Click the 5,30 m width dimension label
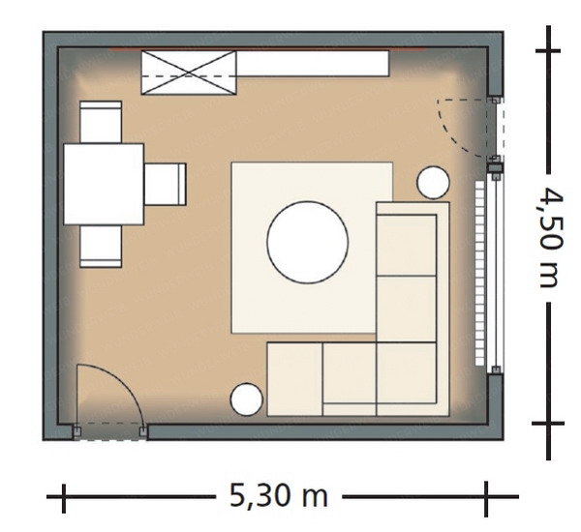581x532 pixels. [x=279, y=496]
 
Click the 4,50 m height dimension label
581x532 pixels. [x=552, y=237]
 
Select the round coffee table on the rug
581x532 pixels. [x=307, y=243]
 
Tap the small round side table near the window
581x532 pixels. [x=433, y=183]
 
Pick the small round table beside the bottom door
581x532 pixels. [x=246, y=399]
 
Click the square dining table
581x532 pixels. [x=104, y=184]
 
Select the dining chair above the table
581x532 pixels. [x=101, y=122]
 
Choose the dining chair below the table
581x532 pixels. [x=101, y=247]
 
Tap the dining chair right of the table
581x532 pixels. [x=165, y=184]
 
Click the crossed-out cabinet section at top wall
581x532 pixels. [x=189, y=73]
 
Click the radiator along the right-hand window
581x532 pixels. [x=480, y=273]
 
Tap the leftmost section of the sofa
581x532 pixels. [x=294, y=379]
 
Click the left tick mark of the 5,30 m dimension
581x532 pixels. [x=64, y=498]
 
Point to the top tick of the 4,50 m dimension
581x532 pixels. [x=548, y=50]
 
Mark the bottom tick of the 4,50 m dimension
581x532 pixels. [x=548, y=423]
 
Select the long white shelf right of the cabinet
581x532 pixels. [x=313, y=64]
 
